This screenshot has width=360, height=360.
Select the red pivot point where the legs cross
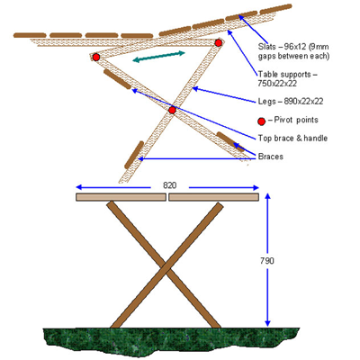coord(172,110)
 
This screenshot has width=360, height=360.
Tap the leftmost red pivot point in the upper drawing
coord(96,58)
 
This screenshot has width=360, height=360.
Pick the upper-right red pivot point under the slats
coord(218,42)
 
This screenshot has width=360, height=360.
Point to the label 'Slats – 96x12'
coord(287,42)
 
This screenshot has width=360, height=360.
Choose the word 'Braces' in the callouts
coord(273,157)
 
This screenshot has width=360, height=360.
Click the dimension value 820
coord(168,184)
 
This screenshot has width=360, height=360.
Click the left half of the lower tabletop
coord(121,196)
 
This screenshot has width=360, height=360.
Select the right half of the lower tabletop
coord(213,196)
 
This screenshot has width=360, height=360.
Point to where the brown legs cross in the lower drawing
coord(166,265)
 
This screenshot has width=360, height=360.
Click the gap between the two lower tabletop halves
coord(166,196)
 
